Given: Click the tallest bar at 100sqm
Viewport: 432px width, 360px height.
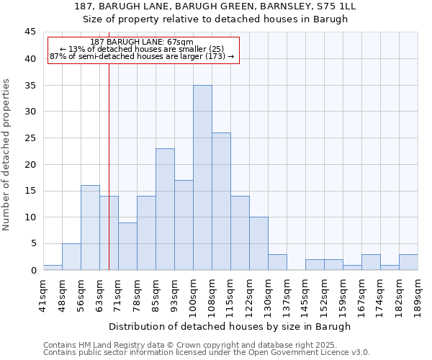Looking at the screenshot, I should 202,178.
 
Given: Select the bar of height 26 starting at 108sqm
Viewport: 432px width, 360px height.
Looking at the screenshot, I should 221,202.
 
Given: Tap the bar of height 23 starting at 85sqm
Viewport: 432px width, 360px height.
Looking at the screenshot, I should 165,210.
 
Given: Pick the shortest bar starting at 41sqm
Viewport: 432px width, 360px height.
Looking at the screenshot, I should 53,267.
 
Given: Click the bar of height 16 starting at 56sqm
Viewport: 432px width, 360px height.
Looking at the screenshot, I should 90,228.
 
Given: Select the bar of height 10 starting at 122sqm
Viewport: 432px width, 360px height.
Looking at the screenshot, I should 258,243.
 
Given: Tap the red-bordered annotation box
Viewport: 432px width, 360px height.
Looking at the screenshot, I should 143,50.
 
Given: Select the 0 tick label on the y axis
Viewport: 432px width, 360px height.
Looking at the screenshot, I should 33,270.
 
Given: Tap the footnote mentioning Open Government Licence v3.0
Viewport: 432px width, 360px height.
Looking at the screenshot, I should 207,352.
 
